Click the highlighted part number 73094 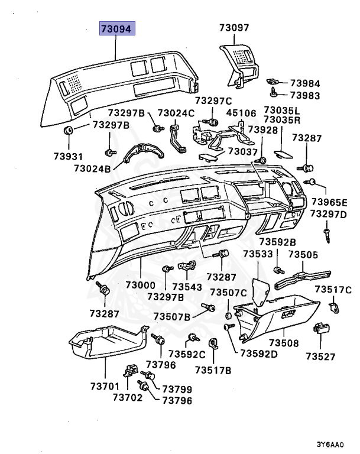[x=117, y=28]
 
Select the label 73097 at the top [x=234, y=27]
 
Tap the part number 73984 [x=305, y=83]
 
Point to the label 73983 [x=305, y=96]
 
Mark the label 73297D [x=329, y=213]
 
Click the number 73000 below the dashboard [x=140, y=286]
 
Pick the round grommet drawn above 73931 [x=68, y=130]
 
